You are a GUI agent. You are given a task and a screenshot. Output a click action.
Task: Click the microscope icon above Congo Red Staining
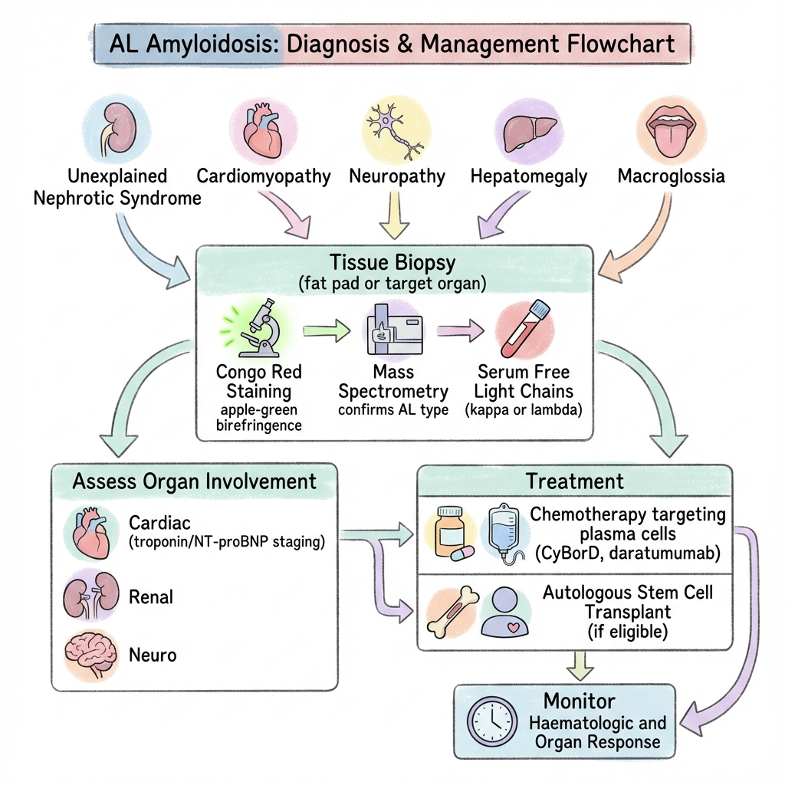[x=261, y=329]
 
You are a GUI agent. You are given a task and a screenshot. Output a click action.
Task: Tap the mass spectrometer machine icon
[x=392, y=330]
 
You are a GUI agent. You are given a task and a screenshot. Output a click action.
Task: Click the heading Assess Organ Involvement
[x=194, y=481]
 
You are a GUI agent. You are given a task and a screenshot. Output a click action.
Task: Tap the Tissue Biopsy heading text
[x=392, y=263]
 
